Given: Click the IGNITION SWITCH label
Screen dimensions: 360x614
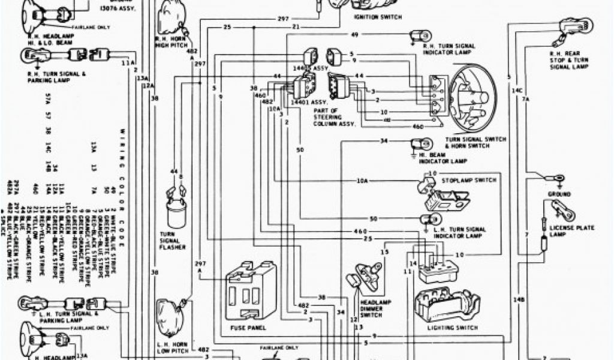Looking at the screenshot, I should point(377,17).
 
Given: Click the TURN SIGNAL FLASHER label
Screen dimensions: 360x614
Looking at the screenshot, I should point(172,240).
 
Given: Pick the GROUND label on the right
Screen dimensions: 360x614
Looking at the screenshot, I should point(559,194).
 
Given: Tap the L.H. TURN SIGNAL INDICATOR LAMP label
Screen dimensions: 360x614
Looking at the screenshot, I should point(462,232).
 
